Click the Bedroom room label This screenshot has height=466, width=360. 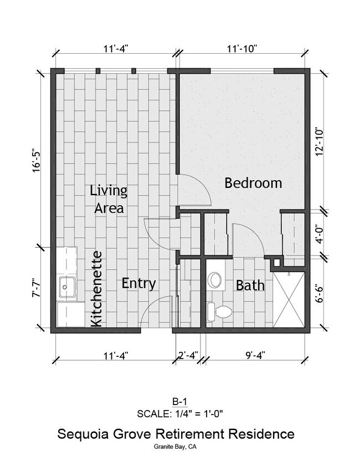(253, 183)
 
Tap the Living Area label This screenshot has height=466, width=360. (109, 199)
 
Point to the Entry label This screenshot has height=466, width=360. (138, 283)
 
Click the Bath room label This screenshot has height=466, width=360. (250, 286)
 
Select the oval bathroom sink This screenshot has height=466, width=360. (214, 280)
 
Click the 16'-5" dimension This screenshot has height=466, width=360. (37, 160)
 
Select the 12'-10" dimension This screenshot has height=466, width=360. (318, 142)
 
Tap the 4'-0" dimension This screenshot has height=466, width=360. (318, 234)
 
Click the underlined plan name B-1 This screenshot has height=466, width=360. (179, 401)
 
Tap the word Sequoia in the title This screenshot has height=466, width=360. (88, 434)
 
